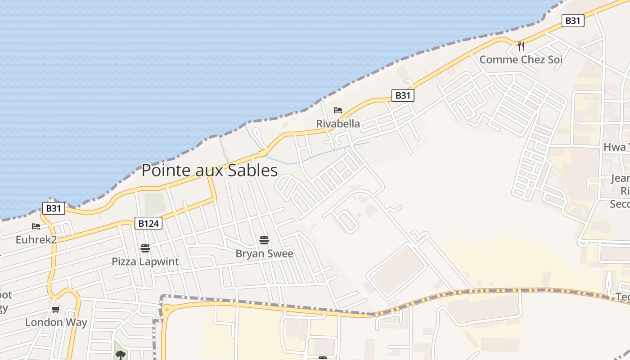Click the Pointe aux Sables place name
click(209, 171)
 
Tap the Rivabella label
click(338, 124)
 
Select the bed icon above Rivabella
click(338, 110)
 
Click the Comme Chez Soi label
click(521, 59)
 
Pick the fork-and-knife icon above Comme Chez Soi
click(521, 46)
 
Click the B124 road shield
click(148, 223)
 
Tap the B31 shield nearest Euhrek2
click(54, 208)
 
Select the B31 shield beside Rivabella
click(403, 95)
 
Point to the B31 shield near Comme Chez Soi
click(573, 21)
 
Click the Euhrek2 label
click(36, 239)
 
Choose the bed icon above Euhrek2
click(36, 226)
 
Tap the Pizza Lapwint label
click(145, 261)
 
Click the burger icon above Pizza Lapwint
click(145, 248)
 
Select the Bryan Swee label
click(264, 253)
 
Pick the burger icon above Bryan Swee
click(264, 240)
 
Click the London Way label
click(56, 322)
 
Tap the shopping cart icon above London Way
click(56, 309)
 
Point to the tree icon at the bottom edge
click(120, 355)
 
